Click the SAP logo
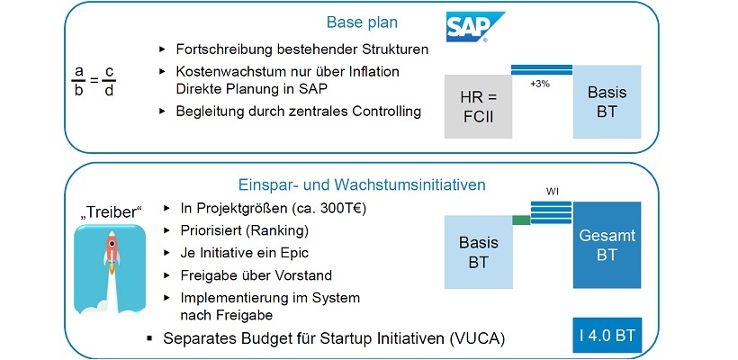(474, 27)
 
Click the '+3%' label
(541, 84)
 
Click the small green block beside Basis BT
(521, 219)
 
